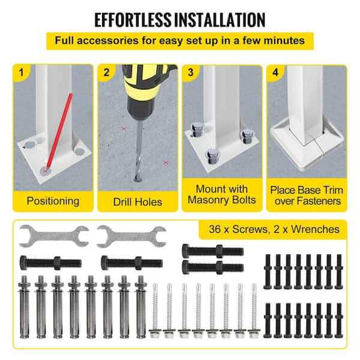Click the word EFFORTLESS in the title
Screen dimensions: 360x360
pos(133,20)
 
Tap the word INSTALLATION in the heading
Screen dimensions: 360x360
pos(220,20)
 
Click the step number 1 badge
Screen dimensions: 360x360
pos(22,73)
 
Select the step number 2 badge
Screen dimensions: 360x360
pos(106,73)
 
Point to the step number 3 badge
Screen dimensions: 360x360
pos(191,73)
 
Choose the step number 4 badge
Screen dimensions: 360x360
pos(275,73)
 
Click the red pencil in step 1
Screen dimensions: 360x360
pos(59,131)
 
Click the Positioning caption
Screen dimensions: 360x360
pos(53,201)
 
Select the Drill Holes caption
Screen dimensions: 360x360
pos(137,202)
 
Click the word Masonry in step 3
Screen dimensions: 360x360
pos(208,200)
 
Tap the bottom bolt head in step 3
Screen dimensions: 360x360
pos(213,156)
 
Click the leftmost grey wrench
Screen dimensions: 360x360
pos(54,236)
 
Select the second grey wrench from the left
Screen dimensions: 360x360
pos(131,236)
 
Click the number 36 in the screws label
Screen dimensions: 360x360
pos(215,229)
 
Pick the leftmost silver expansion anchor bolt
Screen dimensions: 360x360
pos(24,307)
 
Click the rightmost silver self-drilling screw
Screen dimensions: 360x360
pos(254,311)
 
